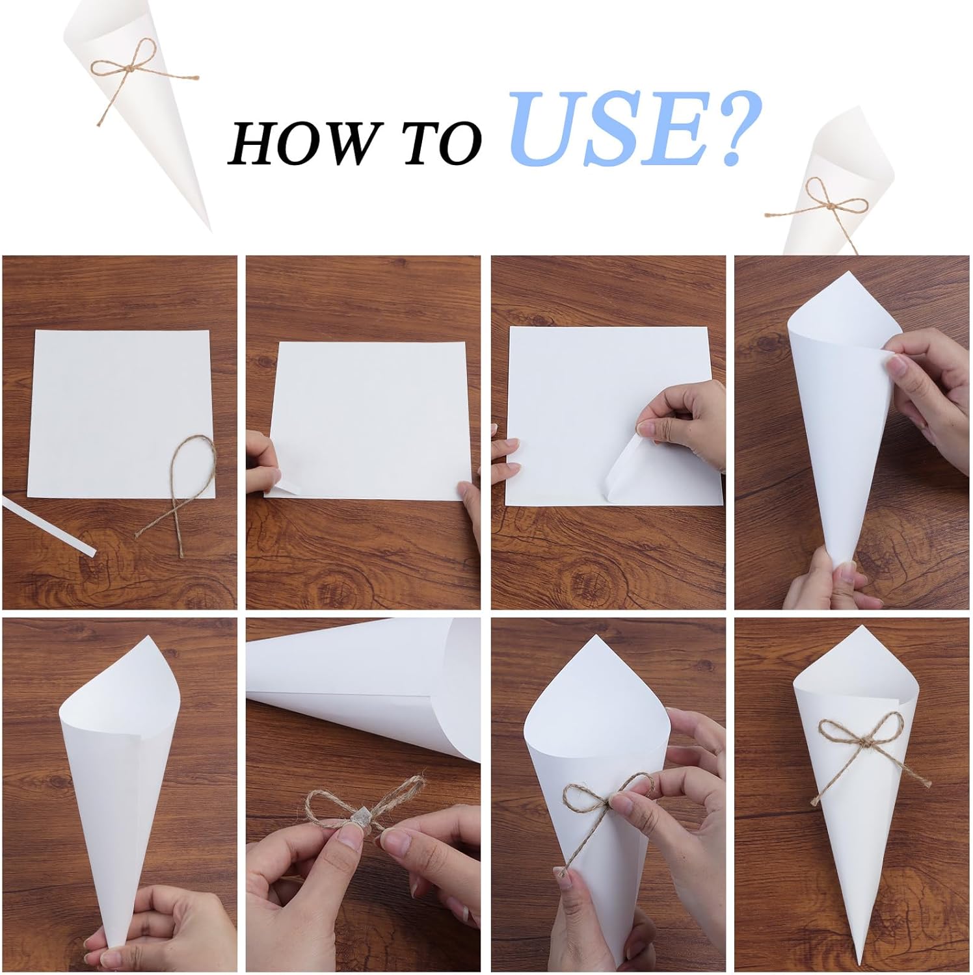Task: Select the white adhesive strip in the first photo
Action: click(x=49, y=527)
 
